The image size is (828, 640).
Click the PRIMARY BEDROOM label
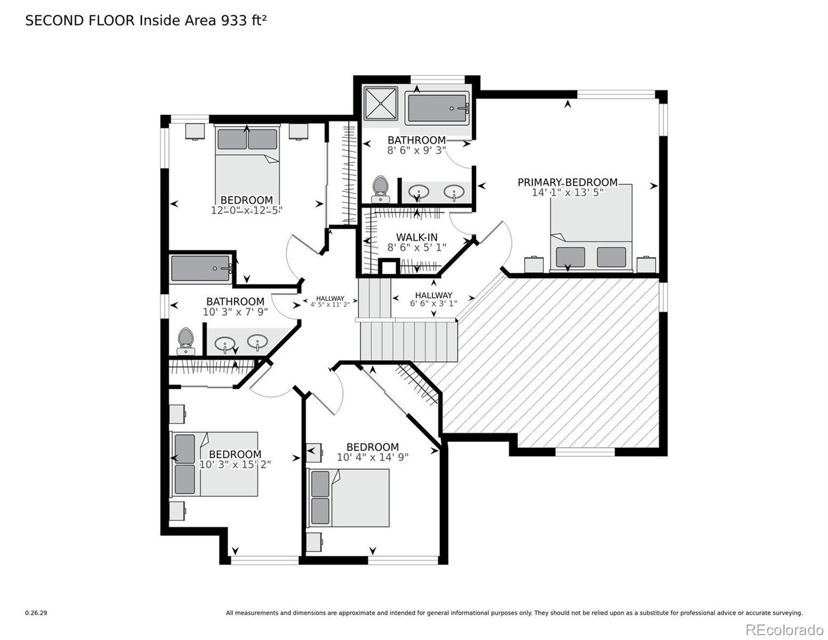567,182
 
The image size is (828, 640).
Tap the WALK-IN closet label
416,237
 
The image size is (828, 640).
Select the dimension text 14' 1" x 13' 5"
567,193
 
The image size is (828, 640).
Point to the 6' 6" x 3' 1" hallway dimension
433,303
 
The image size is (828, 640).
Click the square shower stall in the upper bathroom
380,103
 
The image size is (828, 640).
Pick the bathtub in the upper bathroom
437,108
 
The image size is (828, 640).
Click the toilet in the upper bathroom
380,189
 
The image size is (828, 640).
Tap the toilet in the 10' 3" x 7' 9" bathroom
186,341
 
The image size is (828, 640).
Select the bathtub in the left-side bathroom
201,269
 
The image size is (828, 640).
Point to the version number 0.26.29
36,613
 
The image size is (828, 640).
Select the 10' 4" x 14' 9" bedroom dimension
372,457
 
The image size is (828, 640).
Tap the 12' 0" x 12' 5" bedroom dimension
246,210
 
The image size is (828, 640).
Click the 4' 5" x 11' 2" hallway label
330,305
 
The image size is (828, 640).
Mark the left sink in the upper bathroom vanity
419,191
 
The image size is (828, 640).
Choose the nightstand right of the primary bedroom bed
646,265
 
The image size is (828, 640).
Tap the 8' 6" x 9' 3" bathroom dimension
416,150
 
